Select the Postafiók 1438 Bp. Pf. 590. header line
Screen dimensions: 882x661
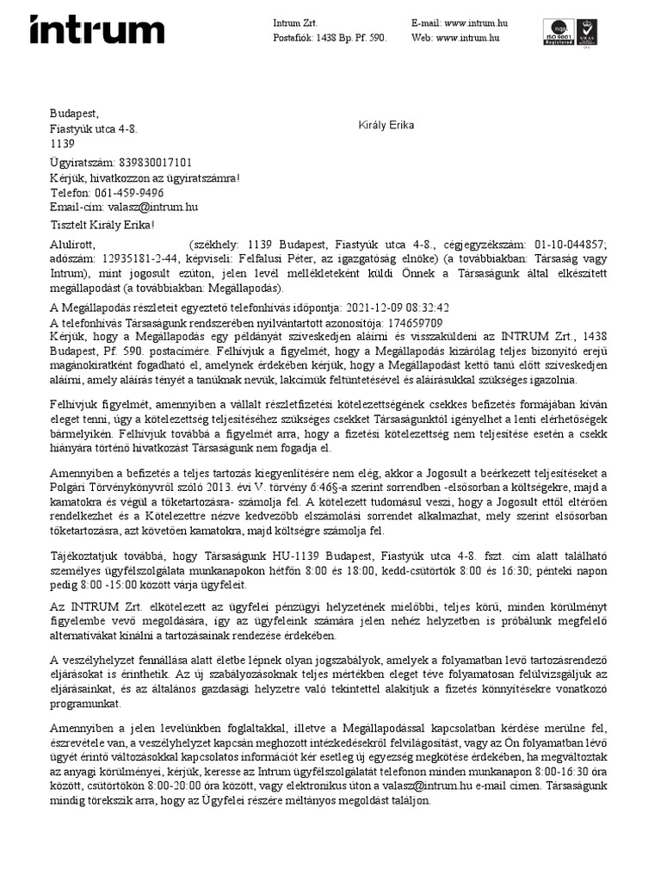pyautogui.click(x=330, y=39)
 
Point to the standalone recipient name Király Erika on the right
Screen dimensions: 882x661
pyautogui.click(x=386, y=126)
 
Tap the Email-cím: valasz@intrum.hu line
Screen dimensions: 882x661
pyautogui.click(x=124, y=208)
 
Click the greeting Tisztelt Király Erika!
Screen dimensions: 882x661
pyautogui.click(x=102, y=226)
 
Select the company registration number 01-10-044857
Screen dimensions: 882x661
pyautogui.click(x=571, y=245)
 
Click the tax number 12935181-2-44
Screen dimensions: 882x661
pyautogui.click(x=128, y=258)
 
